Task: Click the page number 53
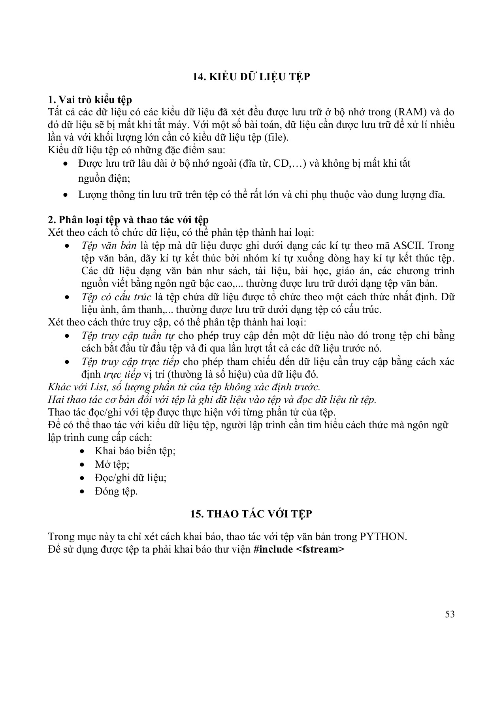(450, 614)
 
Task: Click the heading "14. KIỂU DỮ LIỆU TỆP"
(251, 77)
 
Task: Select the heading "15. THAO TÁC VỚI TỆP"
(251, 514)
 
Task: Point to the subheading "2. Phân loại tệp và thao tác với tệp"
(134, 220)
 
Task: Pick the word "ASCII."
(409, 246)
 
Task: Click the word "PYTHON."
(383, 537)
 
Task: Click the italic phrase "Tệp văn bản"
(109, 246)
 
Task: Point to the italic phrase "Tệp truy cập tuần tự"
(128, 336)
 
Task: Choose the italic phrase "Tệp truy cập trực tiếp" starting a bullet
(130, 361)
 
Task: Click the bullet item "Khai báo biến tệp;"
(135, 451)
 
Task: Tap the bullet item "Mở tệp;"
(112, 464)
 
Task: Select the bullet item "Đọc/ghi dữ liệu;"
(130, 478)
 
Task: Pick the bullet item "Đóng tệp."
(116, 491)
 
